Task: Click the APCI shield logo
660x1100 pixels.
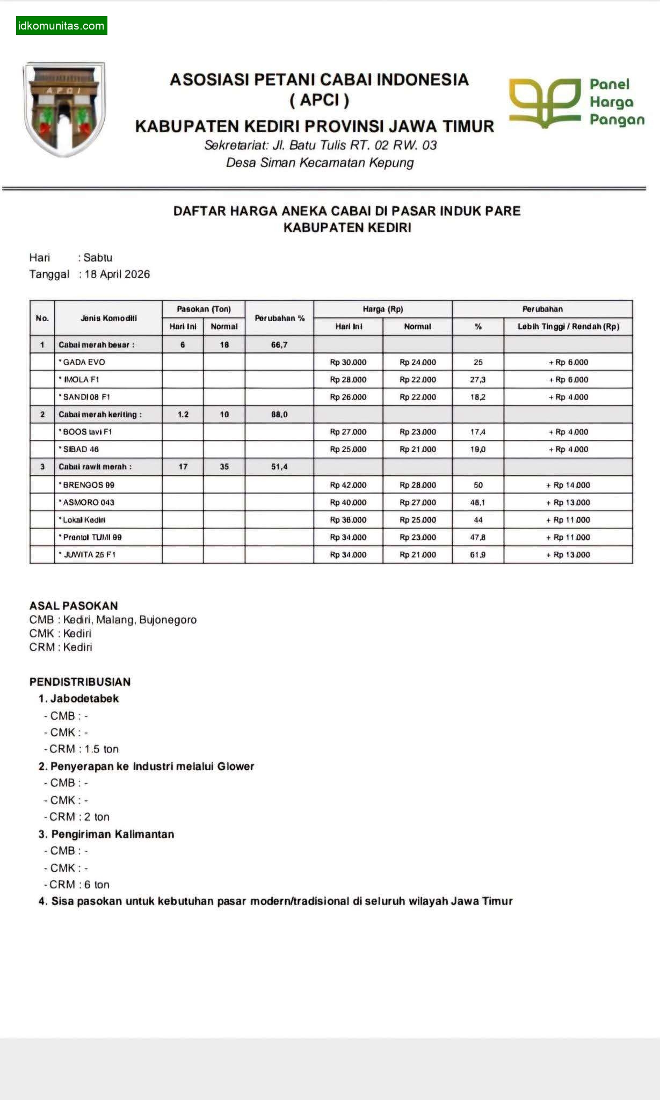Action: click(64, 109)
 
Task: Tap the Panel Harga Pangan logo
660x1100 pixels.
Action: click(576, 103)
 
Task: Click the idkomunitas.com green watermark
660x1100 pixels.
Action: click(61, 26)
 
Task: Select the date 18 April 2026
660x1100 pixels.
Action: click(117, 274)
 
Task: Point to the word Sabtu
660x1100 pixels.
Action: click(98, 258)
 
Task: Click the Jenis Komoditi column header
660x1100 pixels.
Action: click(108, 318)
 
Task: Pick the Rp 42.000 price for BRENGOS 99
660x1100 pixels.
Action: click(348, 485)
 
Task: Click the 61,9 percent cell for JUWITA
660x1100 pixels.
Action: click(477, 555)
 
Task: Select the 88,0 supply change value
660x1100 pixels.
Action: click(279, 415)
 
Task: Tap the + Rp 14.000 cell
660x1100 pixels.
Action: click(568, 485)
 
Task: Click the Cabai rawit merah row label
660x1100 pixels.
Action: click(95, 467)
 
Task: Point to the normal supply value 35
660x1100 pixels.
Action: click(224, 467)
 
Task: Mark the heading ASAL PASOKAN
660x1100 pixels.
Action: click(74, 606)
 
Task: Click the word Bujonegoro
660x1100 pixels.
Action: click(168, 620)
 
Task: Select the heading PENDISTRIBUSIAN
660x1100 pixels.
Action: click(80, 682)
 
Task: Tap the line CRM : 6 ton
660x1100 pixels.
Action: click(79, 885)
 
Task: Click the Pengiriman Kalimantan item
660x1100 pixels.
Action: click(112, 834)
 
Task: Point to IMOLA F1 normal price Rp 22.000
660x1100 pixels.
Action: click(417, 380)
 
